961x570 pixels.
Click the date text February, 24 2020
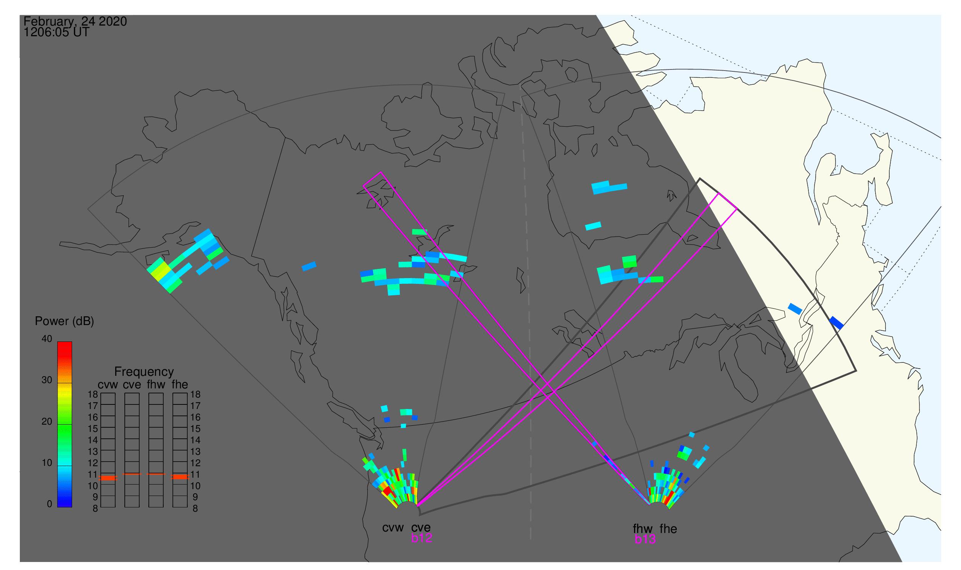[x=75, y=21]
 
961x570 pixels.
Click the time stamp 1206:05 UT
[x=56, y=32]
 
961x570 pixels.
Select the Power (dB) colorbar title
[x=64, y=322]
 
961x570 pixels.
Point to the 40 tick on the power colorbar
[x=47, y=339]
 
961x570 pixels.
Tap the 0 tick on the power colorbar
[x=49, y=504]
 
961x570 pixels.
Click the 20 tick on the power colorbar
[x=47, y=421]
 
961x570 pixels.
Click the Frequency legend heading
[x=144, y=372]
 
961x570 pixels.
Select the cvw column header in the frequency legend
[x=108, y=385]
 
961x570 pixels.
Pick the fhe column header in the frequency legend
[x=180, y=385]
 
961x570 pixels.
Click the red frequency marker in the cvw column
[x=108, y=478]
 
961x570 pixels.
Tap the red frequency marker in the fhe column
[x=180, y=477]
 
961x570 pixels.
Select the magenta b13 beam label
[x=645, y=539]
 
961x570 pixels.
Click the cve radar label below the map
[x=421, y=528]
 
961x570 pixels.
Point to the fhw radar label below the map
[x=642, y=529]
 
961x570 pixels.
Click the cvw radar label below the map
[x=393, y=528]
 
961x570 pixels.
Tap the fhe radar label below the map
[x=668, y=529]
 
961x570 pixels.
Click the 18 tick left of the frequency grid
[x=93, y=394]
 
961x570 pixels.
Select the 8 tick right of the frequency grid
[x=195, y=509]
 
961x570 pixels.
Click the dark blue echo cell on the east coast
[x=837, y=323]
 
